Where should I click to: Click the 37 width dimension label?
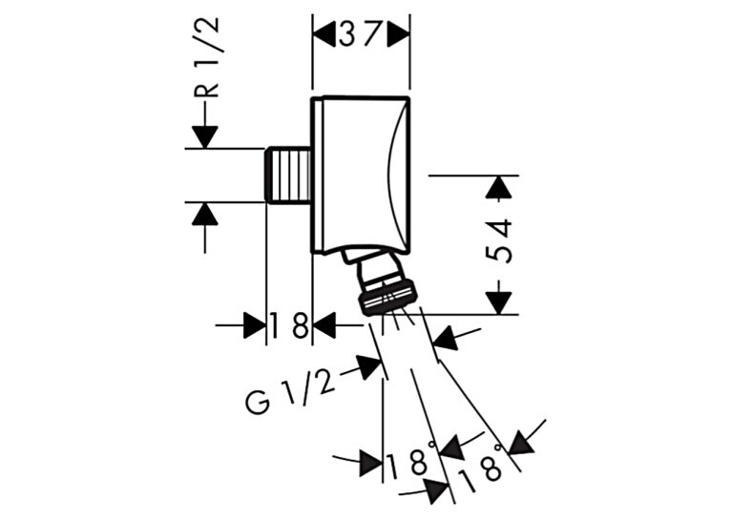pyautogui.click(x=361, y=35)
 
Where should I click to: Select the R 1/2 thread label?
pyautogui.click(x=205, y=57)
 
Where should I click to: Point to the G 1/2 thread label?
pyautogui.click(x=290, y=389)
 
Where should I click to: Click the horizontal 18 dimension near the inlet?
pyautogui.click(x=288, y=325)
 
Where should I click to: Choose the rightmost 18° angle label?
pyautogui.click(x=481, y=471)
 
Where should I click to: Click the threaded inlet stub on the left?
pyautogui.click(x=289, y=176)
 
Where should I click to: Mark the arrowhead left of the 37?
pyautogui.click(x=324, y=36)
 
